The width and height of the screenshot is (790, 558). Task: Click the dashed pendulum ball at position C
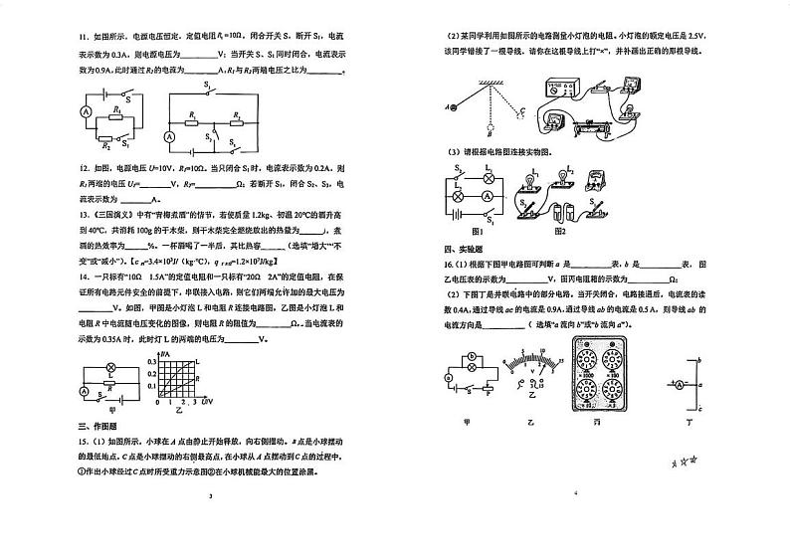point(518,112)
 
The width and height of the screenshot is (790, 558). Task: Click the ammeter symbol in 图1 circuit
point(488,196)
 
